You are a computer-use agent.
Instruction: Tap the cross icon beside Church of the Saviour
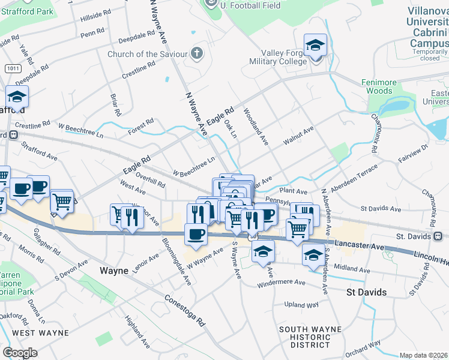[x=196, y=53]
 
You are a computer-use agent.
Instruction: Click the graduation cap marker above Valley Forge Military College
[x=315, y=45]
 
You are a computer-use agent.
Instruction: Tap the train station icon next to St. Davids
[x=438, y=236]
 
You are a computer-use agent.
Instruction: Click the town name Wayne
[x=114, y=271]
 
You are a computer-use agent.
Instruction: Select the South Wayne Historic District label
[x=310, y=337]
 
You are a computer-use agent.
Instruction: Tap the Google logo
[x=20, y=353]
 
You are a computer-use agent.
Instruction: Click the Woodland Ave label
[x=256, y=126]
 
